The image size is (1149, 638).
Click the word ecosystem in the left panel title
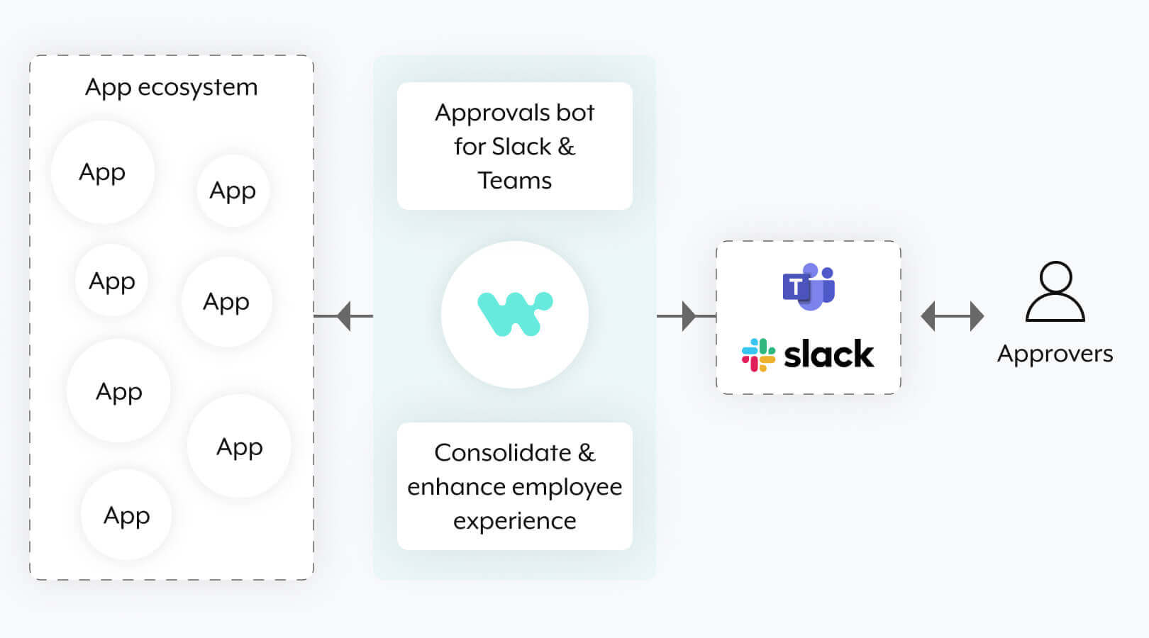[197, 87]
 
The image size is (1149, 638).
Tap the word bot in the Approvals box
[575, 113]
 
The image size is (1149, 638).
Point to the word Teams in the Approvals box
[514, 181]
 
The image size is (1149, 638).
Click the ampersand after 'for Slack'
[566, 147]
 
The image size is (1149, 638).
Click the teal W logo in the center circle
[514, 313]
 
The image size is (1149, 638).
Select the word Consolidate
[502, 453]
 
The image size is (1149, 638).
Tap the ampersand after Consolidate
[587, 453]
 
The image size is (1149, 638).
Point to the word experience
[514, 521]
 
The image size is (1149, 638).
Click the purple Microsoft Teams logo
[809, 286]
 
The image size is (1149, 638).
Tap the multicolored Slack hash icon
[758, 354]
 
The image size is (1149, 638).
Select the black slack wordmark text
[828, 354]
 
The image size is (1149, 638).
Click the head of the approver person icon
[1055, 277]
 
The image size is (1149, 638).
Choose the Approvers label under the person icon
[1055, 354]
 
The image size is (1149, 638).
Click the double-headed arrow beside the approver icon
[952, 316]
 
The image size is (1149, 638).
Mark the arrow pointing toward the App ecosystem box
[344, 316]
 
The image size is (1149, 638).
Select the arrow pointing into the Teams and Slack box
[687, 316]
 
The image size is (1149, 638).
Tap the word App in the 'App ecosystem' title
[108, 87]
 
